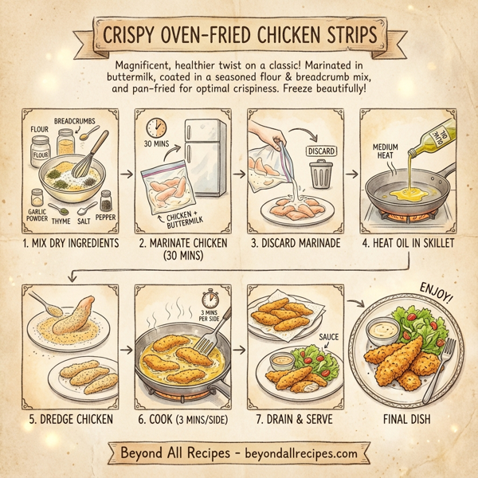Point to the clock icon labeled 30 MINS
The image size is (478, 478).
coord(156,127)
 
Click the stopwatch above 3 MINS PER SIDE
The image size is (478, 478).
coord(210,300)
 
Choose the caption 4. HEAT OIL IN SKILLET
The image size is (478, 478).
coord(406,241)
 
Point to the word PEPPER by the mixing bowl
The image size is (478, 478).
coord(105,215)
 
